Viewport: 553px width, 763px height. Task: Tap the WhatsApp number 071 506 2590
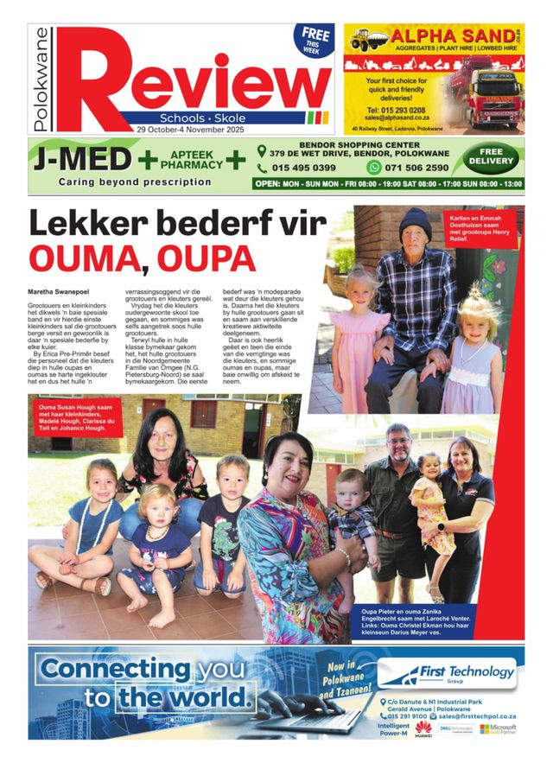[438, 168]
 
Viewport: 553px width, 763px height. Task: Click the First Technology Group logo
[449, 671]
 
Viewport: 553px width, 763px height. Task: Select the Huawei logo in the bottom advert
[424, 731]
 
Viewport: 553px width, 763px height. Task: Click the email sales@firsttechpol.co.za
[476, 716]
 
